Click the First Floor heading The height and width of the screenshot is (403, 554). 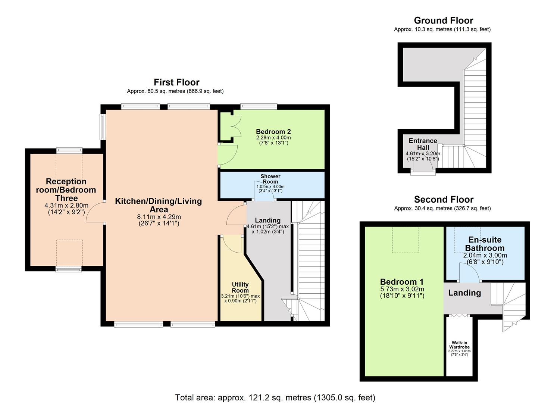pyautogui.click(x=176, y=82)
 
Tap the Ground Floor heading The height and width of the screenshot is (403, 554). pyautogui.click(x=443, y=21)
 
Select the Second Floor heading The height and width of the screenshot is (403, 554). pyautogui.click(x=444, y=200)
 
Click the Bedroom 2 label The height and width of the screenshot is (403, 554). pyautogui.click(x=273, y=132)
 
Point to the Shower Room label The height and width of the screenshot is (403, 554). pyautogui.click(x=270, y=179)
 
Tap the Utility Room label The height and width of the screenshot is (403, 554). pyautogui.click(x=240, y=288)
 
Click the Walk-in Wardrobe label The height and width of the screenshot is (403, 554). pyautogui.click(x=459, y=345)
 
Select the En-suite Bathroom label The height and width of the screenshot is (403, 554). pyautogui.click(x=485, y=244)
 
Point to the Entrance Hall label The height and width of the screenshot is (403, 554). pyautogui.click(x=423, y=144)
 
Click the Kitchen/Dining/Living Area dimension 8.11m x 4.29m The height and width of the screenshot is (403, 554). pyautogui.click(x=159, y=217)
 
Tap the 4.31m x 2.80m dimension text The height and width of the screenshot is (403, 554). pyautogui.click(x=66, y=205)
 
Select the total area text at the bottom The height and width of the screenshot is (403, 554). pyautogui.click(x=275, y=398)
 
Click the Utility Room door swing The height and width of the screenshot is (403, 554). pyautogui.click(x=231, y=244)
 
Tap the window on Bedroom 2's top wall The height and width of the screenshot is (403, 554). pyautogui.click(x=259, y=107)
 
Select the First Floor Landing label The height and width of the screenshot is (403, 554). pyautogui.click(x=267, y=220)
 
